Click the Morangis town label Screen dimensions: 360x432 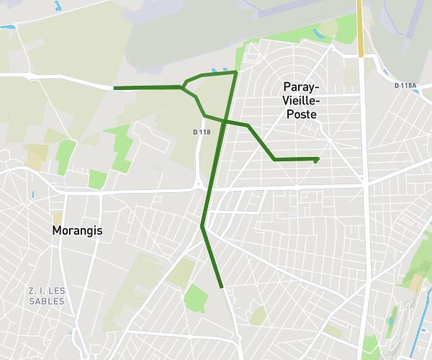coord(77,231)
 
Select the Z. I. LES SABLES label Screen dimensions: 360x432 coord(47,296)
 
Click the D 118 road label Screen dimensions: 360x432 coord(202,132)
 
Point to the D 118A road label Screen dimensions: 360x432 coord(405,86)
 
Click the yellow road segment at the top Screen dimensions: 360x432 coord(360,29)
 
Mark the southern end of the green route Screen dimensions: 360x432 coord(222,287)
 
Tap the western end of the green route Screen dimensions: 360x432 coord(115,88)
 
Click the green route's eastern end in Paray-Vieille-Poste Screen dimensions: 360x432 coord(317,159)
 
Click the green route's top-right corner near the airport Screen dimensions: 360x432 coord(236,72)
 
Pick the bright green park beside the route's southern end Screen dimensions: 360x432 coord(195,297)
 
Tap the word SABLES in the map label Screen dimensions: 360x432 coord(47,301)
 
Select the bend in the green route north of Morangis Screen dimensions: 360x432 coord(203,227)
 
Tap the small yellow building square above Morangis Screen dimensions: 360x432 coord(57,217)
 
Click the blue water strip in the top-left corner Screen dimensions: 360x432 coord(8,27)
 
